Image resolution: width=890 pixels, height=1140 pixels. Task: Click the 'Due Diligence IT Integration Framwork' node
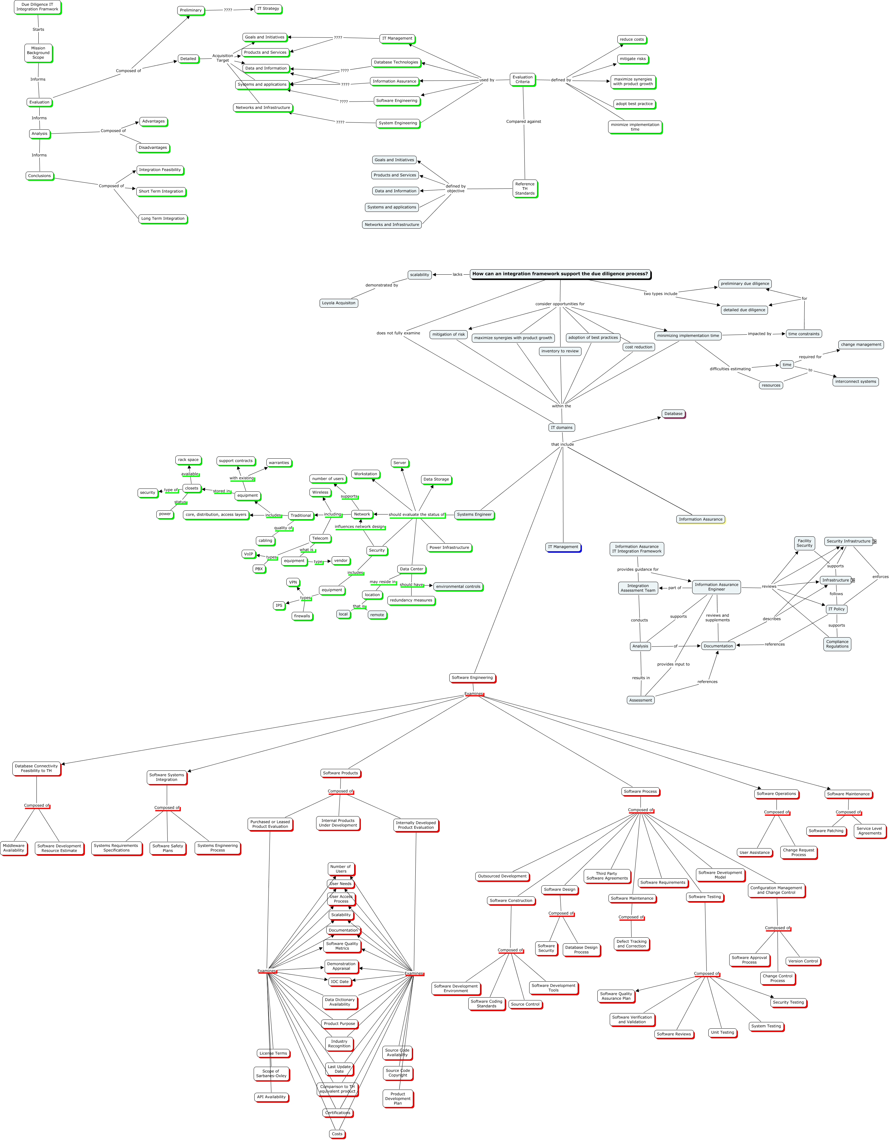tap(37, 7)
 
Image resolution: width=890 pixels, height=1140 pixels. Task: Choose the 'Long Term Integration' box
tap(163, 219)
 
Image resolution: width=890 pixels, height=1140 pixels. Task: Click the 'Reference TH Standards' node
tap(525, 188)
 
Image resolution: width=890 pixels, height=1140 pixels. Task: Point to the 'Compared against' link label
tap(523, 121)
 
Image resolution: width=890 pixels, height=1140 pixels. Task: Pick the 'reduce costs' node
tap(632, 40)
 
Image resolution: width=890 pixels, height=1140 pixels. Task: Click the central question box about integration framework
tap(560, 274)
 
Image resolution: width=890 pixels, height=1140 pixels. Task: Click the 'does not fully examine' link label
tap(398, 333)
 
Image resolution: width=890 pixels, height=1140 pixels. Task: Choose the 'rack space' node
tap(188, 460)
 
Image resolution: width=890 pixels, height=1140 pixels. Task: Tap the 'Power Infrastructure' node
tap(449, 547)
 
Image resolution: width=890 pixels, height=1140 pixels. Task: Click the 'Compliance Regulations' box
tap(837, 644)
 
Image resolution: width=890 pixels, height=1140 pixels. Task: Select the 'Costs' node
tap(337, 1134)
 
